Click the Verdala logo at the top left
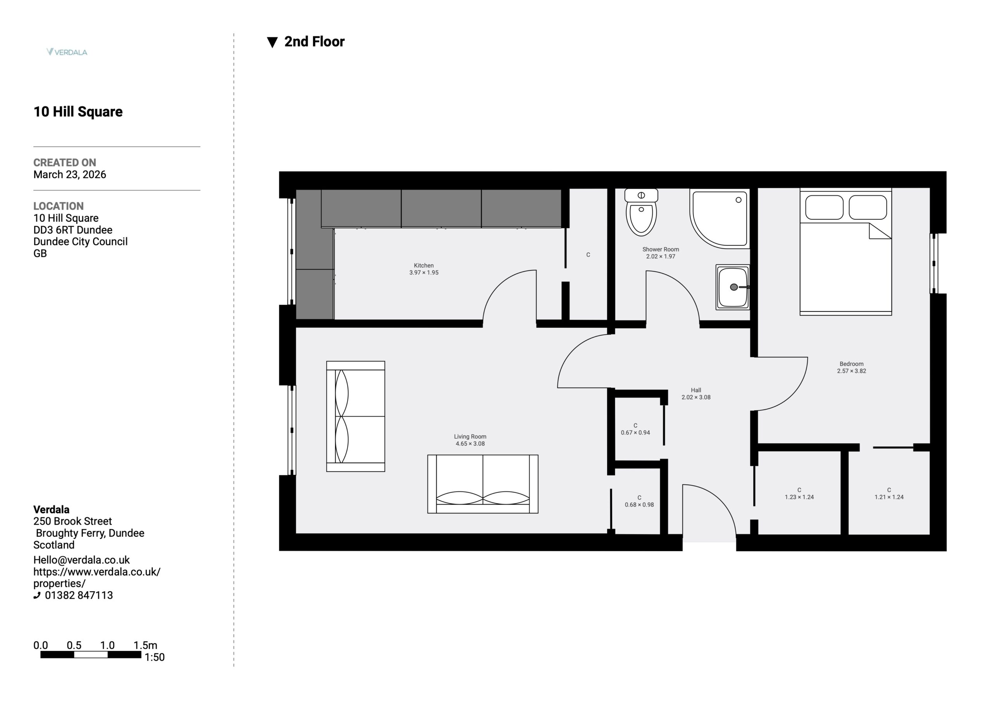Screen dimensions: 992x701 click(x=67, y=52)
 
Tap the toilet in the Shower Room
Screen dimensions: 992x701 click(x=641, y=212)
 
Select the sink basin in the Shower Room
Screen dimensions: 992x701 click(x=733, y=287)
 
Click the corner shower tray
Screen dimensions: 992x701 click(x=719, y=219)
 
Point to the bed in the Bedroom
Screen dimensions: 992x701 click(x=846, y=251)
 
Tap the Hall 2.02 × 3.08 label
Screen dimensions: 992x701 click(x=696, y=394)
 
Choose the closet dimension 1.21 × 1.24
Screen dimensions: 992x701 click(x=889, y=497)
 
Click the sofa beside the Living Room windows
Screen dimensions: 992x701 click(x=356, y=416)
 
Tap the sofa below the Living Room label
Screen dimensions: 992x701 click(x=482, y=484)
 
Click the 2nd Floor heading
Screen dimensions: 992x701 click(x=315, y=41)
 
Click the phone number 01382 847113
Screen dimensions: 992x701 click(x=79, y=595)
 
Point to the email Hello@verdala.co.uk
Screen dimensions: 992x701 click(x=82, y=560)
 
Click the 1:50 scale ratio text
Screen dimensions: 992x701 click(x=154, y=657)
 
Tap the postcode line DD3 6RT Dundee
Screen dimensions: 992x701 click(x=73, y=230)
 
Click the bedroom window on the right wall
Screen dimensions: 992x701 click(x=934, y=264)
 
